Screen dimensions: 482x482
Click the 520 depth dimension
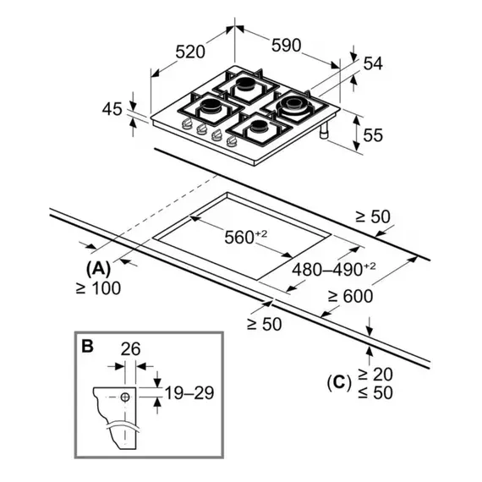click(190, 52)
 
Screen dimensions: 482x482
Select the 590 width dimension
click(286, 45)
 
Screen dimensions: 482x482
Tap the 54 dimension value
click(373, 63)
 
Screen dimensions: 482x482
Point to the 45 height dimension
click(112, 109)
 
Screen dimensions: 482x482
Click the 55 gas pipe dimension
click(373, 135)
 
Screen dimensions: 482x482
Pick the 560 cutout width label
click(245, 238)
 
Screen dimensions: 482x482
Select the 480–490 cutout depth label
click(333, 270)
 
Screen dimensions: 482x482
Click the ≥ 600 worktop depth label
click(350, 296)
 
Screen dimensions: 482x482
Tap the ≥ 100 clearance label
click(98, 288)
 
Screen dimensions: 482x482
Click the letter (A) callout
click(98, 269)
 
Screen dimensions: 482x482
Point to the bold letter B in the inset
click(88, 346)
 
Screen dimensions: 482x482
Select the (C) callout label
click(339, 383)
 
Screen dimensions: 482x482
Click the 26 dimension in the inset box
click(130, 349)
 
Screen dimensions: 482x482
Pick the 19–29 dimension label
click(189, 393)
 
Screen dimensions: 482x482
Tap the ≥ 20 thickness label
click(375, 375)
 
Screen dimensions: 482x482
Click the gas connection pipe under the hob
click(325, 130)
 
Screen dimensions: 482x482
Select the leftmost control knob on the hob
click(186, 123)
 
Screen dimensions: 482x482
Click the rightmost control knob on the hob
click(232, 140)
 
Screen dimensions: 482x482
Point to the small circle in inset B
click(125, 397)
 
